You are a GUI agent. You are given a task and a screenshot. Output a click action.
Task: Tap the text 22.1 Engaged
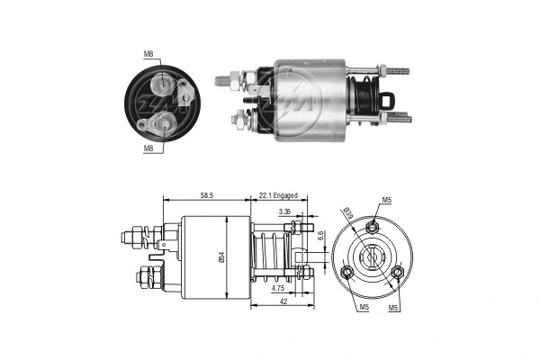click(277, 194)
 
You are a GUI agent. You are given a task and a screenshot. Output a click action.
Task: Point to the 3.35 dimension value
click(285, 211)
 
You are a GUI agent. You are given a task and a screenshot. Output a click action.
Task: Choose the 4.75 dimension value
click(279, 288)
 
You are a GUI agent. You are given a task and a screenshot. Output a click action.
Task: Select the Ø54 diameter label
click(219, 256)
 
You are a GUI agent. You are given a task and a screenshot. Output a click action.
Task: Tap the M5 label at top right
click(387, 200)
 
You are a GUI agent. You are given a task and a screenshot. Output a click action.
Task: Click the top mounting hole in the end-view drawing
click(372, 229)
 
